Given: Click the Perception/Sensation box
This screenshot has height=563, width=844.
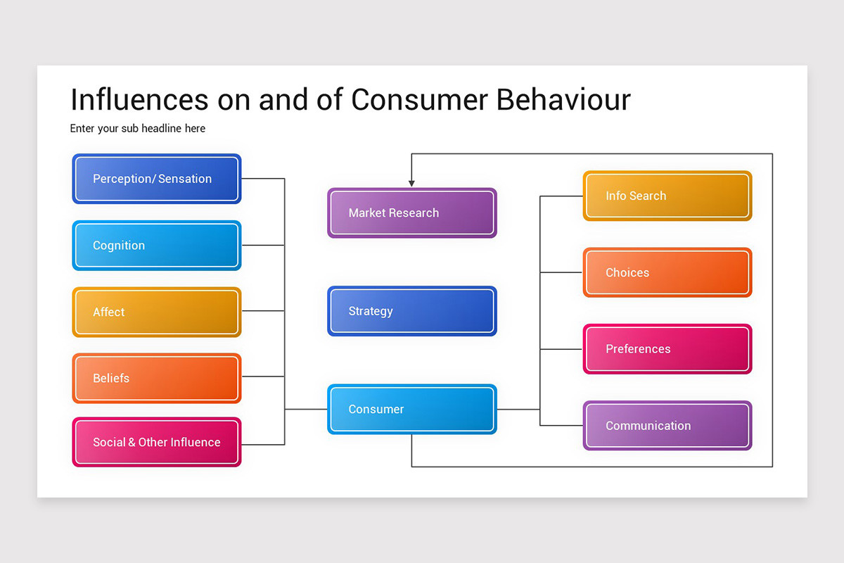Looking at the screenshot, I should point(156,179).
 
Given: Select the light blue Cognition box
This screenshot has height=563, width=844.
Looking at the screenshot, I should point(156,246).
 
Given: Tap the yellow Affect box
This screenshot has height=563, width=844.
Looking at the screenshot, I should point(156,312).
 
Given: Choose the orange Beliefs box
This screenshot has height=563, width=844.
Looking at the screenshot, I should point(156,378).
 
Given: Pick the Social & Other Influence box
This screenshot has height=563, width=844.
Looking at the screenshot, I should point(156,442).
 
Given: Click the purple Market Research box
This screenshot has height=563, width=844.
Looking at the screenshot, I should point(411,213).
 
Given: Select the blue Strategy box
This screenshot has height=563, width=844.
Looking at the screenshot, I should point(411,311).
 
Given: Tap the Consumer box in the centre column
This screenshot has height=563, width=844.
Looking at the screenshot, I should point(411,409).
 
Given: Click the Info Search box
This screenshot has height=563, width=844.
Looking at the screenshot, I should point(667,196).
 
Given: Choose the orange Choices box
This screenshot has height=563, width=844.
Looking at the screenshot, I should point(667,272).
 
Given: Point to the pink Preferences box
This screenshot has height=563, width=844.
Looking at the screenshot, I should point(667,349).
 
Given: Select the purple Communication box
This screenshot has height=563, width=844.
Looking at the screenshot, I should point(667,426).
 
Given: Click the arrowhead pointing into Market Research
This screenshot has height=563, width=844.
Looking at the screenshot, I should point(411,183).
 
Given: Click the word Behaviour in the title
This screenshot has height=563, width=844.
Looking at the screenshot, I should point(563,100).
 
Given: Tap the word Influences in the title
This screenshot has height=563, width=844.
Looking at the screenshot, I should point(139,100).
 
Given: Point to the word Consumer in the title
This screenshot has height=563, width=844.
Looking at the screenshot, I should point(419,100).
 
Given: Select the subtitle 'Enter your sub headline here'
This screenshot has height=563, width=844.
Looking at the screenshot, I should point(138,129).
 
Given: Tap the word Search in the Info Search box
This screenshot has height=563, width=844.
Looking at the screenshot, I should point(648,196).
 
